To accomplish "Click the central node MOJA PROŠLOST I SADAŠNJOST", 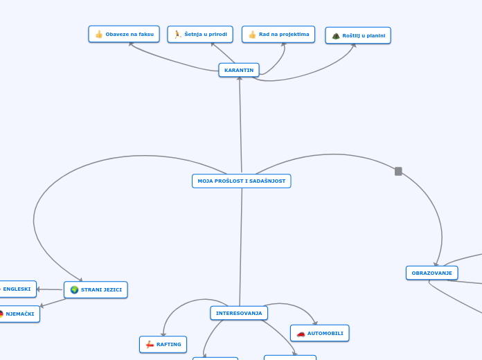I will tap(241, 181).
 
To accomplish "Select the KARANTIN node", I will tap(239, 70).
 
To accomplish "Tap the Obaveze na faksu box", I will tap(124, 34).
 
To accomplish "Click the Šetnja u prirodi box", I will tap(200, 34).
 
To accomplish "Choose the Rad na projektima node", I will tap(278, 34).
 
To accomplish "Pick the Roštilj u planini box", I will tap(358, 35).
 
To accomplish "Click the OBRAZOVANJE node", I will tap(431, 273).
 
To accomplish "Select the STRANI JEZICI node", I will tap(96, 289).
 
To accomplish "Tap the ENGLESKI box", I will tap(17, 289).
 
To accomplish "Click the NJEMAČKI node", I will tap(19, 314).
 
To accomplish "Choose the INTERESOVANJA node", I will tap(239, 313).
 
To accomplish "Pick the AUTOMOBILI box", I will tap(319, 333).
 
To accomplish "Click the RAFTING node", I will tap(163, 344).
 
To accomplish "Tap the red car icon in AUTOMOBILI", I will tap(301, 333).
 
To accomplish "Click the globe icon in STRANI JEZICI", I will tap(74, 289).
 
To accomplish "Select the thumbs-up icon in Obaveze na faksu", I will tap(99, 34).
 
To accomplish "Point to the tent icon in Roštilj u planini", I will tap(336, 35).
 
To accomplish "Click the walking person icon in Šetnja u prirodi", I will tap(178, 34).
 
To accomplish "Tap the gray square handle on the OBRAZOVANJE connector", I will tap(398, 171).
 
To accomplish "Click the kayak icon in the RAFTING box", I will tap(149, 344).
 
